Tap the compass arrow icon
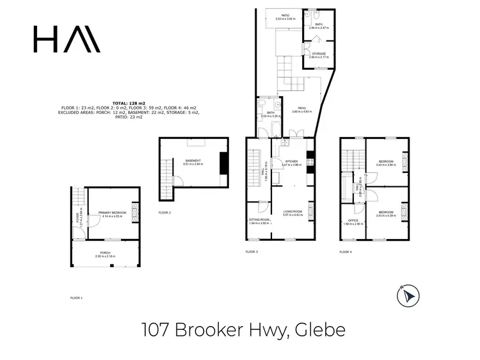pyautogui.click(x=408, y=296)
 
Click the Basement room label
pyautogui.click(x=193, y=161)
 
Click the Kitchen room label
pyautogui.click(x=291, y=162)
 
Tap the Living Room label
pyautogui.click(x=291, y=213)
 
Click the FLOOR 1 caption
pyautogui.click(x=76, y=298)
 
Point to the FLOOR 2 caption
pyautogui.click(x=164, y=212)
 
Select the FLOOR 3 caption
pyautogui.click(x=252, y=252)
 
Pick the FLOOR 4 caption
pyautogui.click(x=346, y=252)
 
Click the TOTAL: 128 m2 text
pyautogui.click(x=129, y=102)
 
